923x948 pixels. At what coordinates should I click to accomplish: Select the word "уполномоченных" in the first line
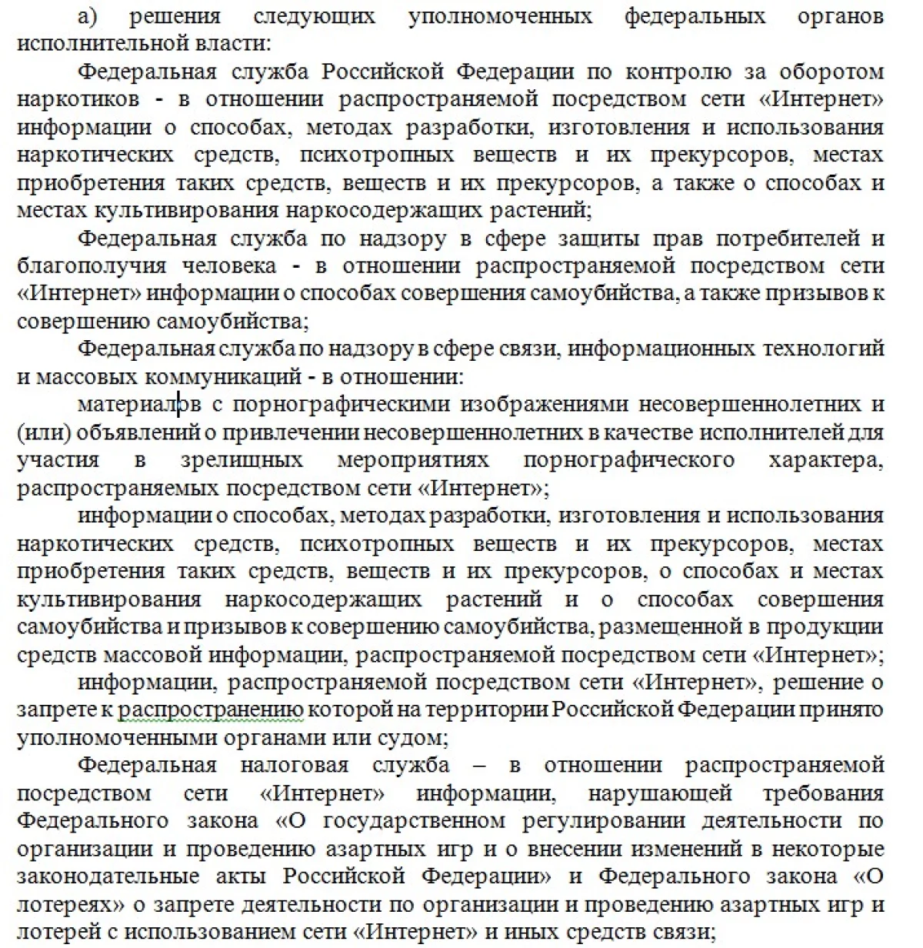(501, 16)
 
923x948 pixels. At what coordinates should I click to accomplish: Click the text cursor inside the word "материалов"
(178, 403)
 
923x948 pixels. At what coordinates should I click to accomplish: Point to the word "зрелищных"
(242, 459)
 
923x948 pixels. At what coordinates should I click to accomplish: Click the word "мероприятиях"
(412, 459)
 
